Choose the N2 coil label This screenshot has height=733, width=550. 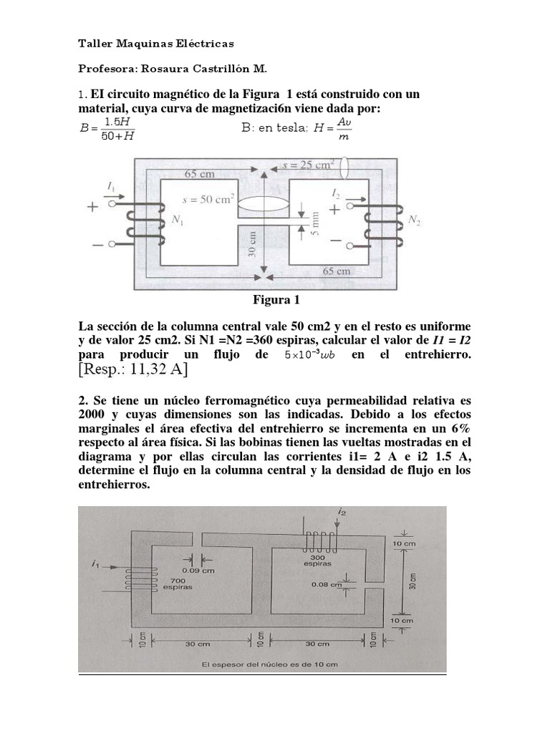413,221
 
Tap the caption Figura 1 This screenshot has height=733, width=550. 276,299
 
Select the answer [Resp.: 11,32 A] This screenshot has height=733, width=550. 132,369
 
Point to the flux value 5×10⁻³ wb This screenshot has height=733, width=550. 314,355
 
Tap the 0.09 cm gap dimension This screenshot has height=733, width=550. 195,570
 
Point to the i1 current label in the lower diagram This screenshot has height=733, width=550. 95,565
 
